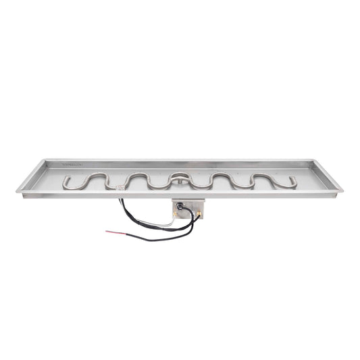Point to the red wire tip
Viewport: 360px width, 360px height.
click(108, 232)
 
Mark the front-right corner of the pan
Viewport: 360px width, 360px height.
click(341, 190)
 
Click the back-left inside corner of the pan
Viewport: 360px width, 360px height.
click(49, 162)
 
